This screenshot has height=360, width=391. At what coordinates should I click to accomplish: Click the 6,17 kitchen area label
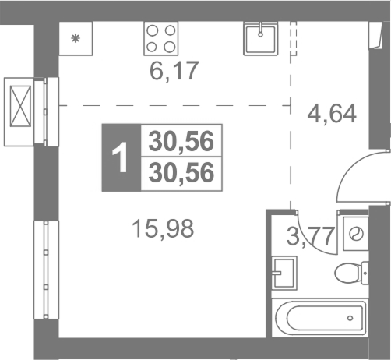point(174,71)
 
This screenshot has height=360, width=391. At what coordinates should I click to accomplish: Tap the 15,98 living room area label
point(163,228)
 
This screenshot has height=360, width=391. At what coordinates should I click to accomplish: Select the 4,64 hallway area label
point(332,114)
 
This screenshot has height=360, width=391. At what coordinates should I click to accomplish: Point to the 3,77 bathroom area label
point(310,236)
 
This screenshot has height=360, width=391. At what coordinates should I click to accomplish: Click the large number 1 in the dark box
point(120,157)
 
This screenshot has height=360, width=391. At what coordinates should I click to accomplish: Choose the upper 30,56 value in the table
point(181,141)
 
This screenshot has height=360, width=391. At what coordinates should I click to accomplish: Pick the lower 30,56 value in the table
point(181,173)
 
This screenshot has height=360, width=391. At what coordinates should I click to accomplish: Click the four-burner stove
point(161,38)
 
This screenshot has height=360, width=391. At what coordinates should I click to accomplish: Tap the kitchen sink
point(260,38)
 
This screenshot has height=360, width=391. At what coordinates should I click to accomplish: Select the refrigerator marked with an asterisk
point(76,38)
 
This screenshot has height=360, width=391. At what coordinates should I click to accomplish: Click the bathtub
point(320,318)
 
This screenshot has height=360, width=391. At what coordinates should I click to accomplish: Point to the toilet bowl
point(351,274)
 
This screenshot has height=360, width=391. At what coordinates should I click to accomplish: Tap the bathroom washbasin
point(284,273)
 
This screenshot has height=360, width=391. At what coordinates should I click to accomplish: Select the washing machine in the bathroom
point(356,234)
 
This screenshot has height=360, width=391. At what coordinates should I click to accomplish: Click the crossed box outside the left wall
point(20,106)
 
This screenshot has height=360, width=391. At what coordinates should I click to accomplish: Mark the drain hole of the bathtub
point(350,318)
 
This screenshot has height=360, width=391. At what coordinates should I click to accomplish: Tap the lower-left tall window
point(46,270)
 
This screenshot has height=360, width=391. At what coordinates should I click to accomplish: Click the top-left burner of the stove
point(153,31)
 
